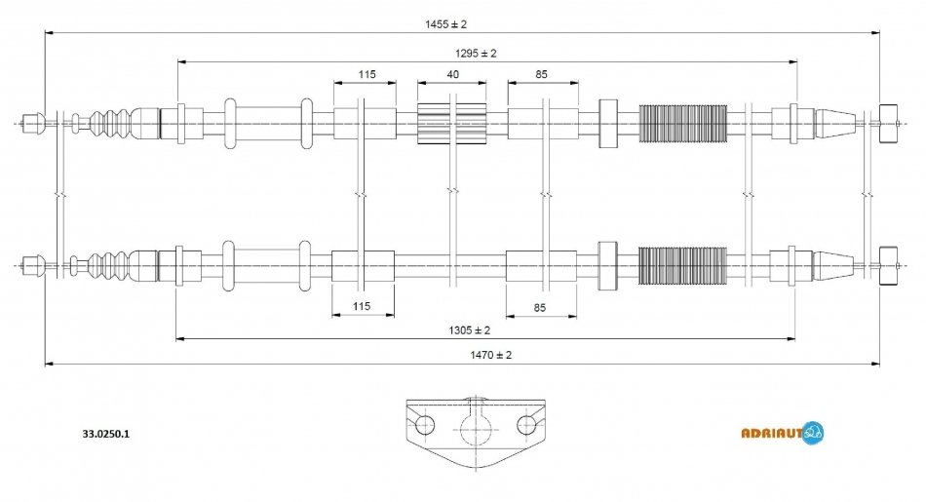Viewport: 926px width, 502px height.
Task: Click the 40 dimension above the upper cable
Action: pyautogui.click(x=453, y=75)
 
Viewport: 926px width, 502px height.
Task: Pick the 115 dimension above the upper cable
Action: pyautogui.click(x=367, y=75)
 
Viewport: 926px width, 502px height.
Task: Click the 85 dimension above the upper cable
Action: pyautogui.click(x=541, y=75)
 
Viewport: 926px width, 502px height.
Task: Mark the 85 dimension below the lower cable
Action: pyautogui.click(x=539, y=307)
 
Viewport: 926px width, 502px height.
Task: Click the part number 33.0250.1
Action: pyautogui.click(x=104, y=434)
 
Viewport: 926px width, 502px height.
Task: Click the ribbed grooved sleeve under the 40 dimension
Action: pyautogui.click(x=451, y=123)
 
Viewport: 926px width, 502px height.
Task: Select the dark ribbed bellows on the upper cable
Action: pyautogui.click(x=682, y=123)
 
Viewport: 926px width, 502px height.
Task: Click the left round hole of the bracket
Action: pyautogui.click(x=425, y=426)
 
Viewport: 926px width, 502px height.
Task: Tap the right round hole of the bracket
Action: pyautogui.click(x=527, y=424)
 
